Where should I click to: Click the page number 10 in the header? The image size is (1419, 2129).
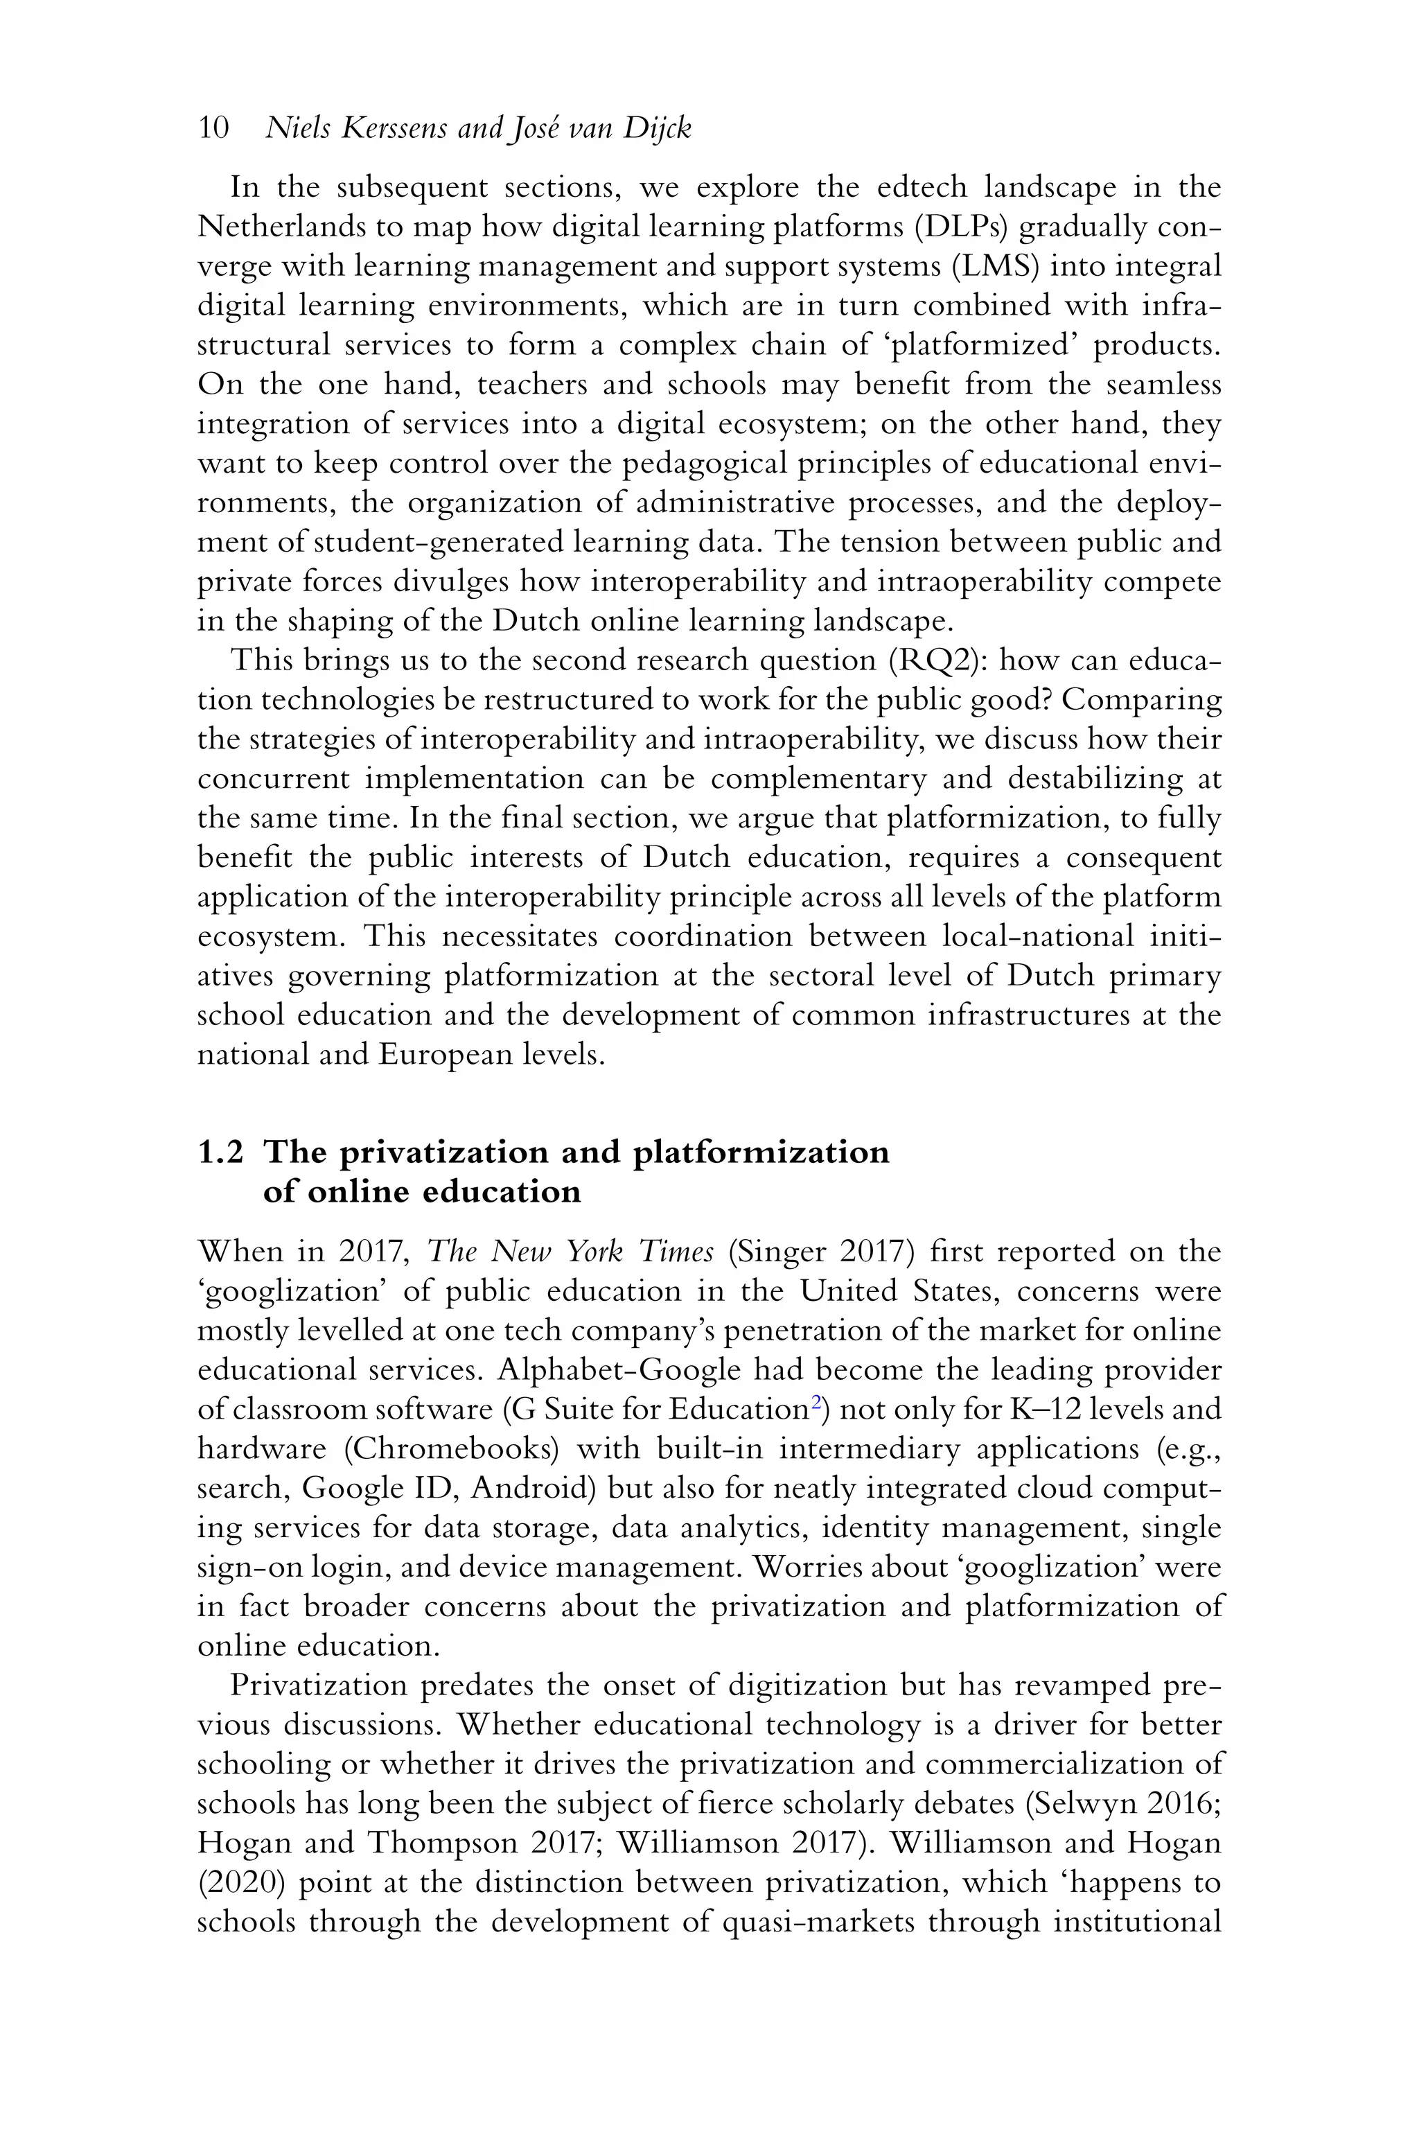tap(213, 128)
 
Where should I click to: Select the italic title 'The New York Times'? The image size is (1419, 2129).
tap(570, 1252)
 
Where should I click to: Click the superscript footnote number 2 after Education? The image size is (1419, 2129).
tap(816, 1402)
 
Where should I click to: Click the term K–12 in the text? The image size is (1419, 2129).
tap(1061, 1410)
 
